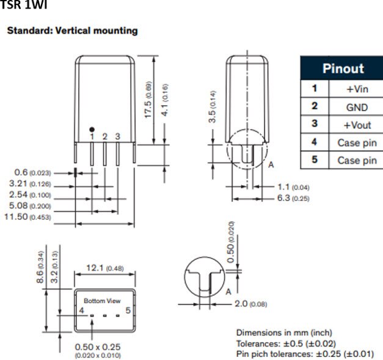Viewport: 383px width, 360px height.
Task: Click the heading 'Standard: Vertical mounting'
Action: point(72,30)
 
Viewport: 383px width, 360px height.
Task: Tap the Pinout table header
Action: point(342,68)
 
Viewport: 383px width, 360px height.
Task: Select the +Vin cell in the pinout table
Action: point(357,89)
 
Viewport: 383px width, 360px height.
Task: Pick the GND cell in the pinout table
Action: point(357,107)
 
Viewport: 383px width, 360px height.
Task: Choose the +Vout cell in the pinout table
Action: point(357,125)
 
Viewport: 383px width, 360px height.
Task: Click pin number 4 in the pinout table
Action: point(314,142)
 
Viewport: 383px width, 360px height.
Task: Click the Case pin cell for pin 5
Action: point(357,160)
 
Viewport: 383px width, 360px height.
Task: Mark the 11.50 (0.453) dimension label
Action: point(28,217)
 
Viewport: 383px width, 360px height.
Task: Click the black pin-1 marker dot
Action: point(92,129)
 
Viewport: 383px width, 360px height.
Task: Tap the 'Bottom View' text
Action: point(102,301)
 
